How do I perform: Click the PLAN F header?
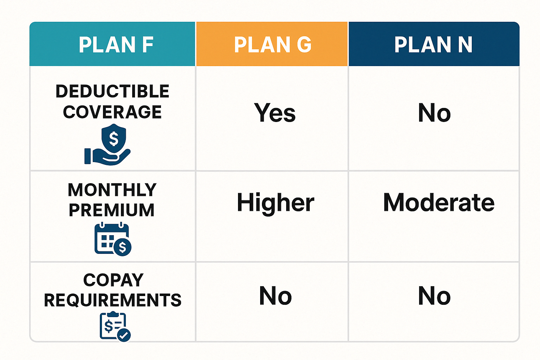point(112,44)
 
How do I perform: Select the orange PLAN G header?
point(272,44)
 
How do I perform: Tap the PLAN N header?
point(434,44)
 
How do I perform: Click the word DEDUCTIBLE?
point(112,91)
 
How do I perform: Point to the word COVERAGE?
point(112,112)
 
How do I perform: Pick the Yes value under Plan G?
point(275,112)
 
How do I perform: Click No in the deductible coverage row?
point(434,112)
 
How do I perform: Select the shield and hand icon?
point(108,144)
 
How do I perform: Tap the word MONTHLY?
point(112,190)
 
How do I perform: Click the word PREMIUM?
point(111,210)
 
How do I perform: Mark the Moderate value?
point(439,202)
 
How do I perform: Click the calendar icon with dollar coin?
point(113,239)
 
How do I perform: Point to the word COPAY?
point(113,280)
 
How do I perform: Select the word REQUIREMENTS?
point(112,300)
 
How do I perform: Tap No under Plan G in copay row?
point(275,296)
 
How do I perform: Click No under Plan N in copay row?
point(434,296)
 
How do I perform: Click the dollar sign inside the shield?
point(114,139)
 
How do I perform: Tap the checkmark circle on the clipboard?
point(124,335)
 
